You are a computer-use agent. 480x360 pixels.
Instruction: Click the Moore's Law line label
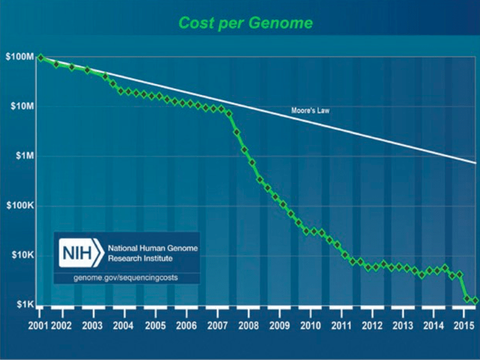[x=310, y=111]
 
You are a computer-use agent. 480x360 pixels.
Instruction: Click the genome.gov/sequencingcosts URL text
[x=126, y=278]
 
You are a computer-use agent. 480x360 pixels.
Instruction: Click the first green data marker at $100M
[x=40, y=58]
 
